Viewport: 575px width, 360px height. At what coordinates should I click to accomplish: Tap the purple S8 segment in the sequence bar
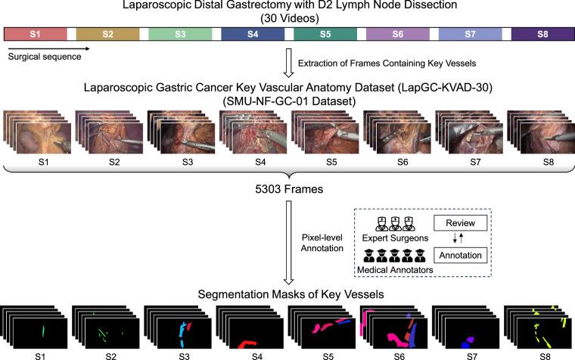(x=542, y=35)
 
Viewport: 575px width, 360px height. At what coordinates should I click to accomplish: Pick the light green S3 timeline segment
(x=180, y=35)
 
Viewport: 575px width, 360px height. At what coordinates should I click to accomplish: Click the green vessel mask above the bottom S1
(x=43, y=331)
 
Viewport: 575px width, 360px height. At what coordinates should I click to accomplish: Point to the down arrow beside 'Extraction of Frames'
(x=288, y=64)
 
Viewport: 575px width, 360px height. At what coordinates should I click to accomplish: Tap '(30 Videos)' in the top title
(x=287, y=17)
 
